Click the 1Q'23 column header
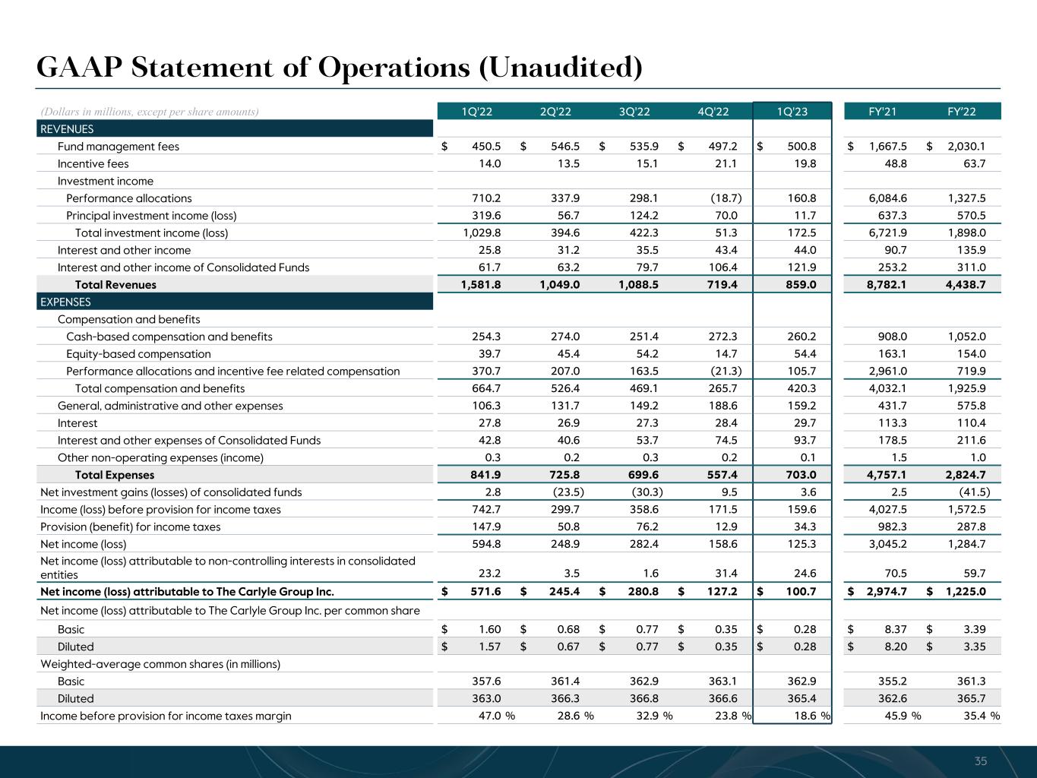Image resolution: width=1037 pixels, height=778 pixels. (792, 112)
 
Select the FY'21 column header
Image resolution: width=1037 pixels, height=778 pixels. (882, 112)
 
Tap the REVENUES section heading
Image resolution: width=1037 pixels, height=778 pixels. (68, 129)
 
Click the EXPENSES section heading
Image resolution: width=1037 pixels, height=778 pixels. (65, 302)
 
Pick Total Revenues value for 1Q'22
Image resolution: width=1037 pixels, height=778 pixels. (482, 285)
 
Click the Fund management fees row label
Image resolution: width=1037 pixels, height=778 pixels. (119, 147)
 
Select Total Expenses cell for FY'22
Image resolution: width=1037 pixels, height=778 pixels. (966, 475)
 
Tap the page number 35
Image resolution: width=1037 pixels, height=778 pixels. (981, 761)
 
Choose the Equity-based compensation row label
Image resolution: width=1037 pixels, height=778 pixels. (138, 354)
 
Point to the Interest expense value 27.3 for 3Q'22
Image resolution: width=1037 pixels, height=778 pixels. (645, 423)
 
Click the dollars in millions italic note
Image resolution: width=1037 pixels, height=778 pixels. (149, 112)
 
